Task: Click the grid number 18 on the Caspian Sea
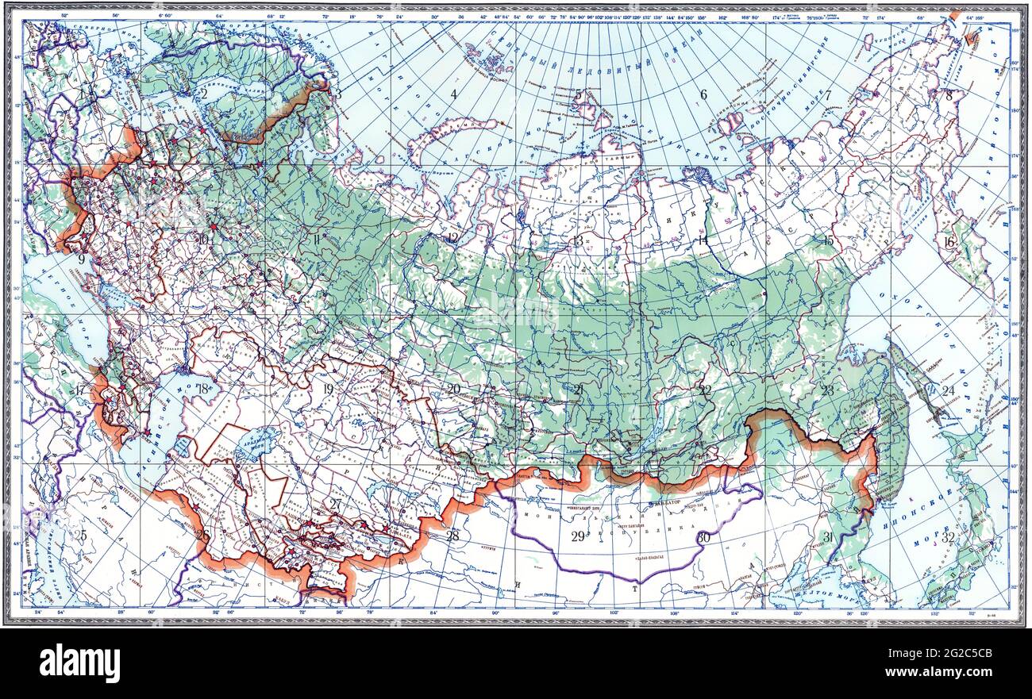click(205, 389)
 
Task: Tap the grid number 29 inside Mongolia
click(578, 536)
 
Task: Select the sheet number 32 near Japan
click(948, 537)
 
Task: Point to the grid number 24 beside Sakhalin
click(948, 390)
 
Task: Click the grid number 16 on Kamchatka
click(949, 242)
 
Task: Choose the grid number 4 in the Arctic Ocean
click(453, 94)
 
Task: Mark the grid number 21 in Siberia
click(579, 390)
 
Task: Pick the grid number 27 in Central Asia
click(335, 504)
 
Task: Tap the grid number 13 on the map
click(578, 240)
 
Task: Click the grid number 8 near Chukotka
click(948, 94)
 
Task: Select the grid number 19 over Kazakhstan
click(328, 389)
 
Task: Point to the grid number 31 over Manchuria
click(828, 537)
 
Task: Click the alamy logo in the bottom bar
click(80, 663)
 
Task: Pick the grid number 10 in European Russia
click(203, 238)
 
